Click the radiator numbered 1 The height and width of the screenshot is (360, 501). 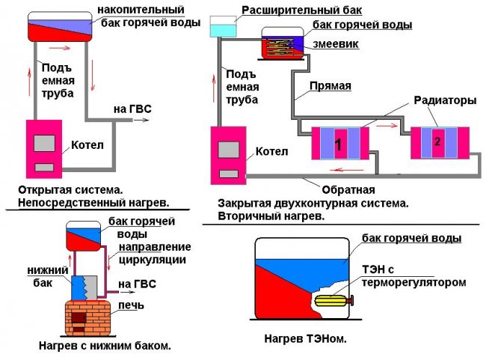[x=340, y=143]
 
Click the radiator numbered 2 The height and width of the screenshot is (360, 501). [x=440, y=141]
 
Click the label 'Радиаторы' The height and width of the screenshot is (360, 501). [x=439, y=100]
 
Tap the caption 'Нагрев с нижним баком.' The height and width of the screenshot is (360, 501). [x=104, y=346]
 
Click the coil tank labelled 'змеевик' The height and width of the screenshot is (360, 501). [x=282, y=44]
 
